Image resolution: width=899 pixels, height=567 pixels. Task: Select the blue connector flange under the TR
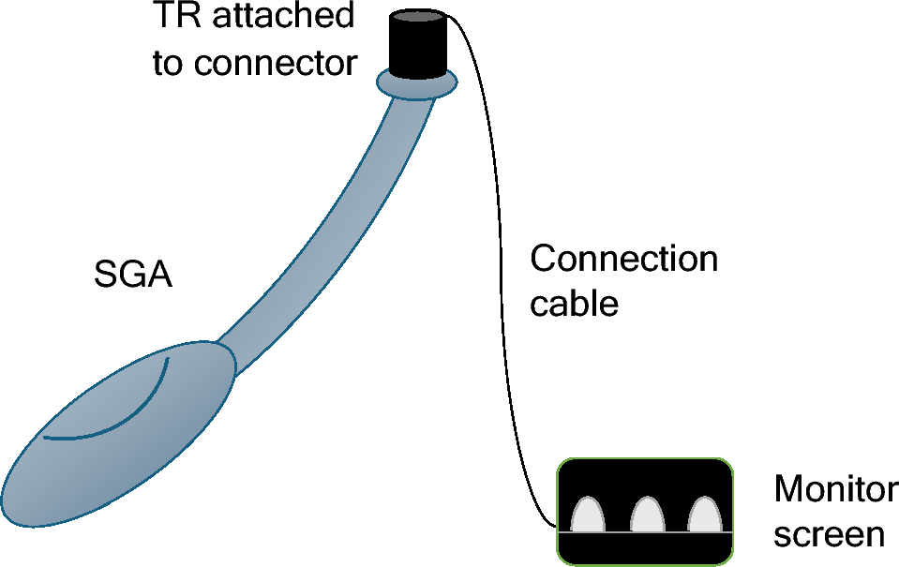416,83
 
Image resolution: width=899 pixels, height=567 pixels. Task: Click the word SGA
133,277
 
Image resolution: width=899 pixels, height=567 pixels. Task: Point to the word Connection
623,259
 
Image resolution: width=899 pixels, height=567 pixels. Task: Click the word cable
574,304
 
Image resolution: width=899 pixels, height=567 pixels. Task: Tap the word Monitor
834,489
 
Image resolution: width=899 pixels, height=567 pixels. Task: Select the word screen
829,533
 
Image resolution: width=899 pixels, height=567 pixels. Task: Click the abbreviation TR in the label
172,16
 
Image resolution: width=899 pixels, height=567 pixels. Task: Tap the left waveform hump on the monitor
588,515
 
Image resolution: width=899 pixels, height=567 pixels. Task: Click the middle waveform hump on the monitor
646,515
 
